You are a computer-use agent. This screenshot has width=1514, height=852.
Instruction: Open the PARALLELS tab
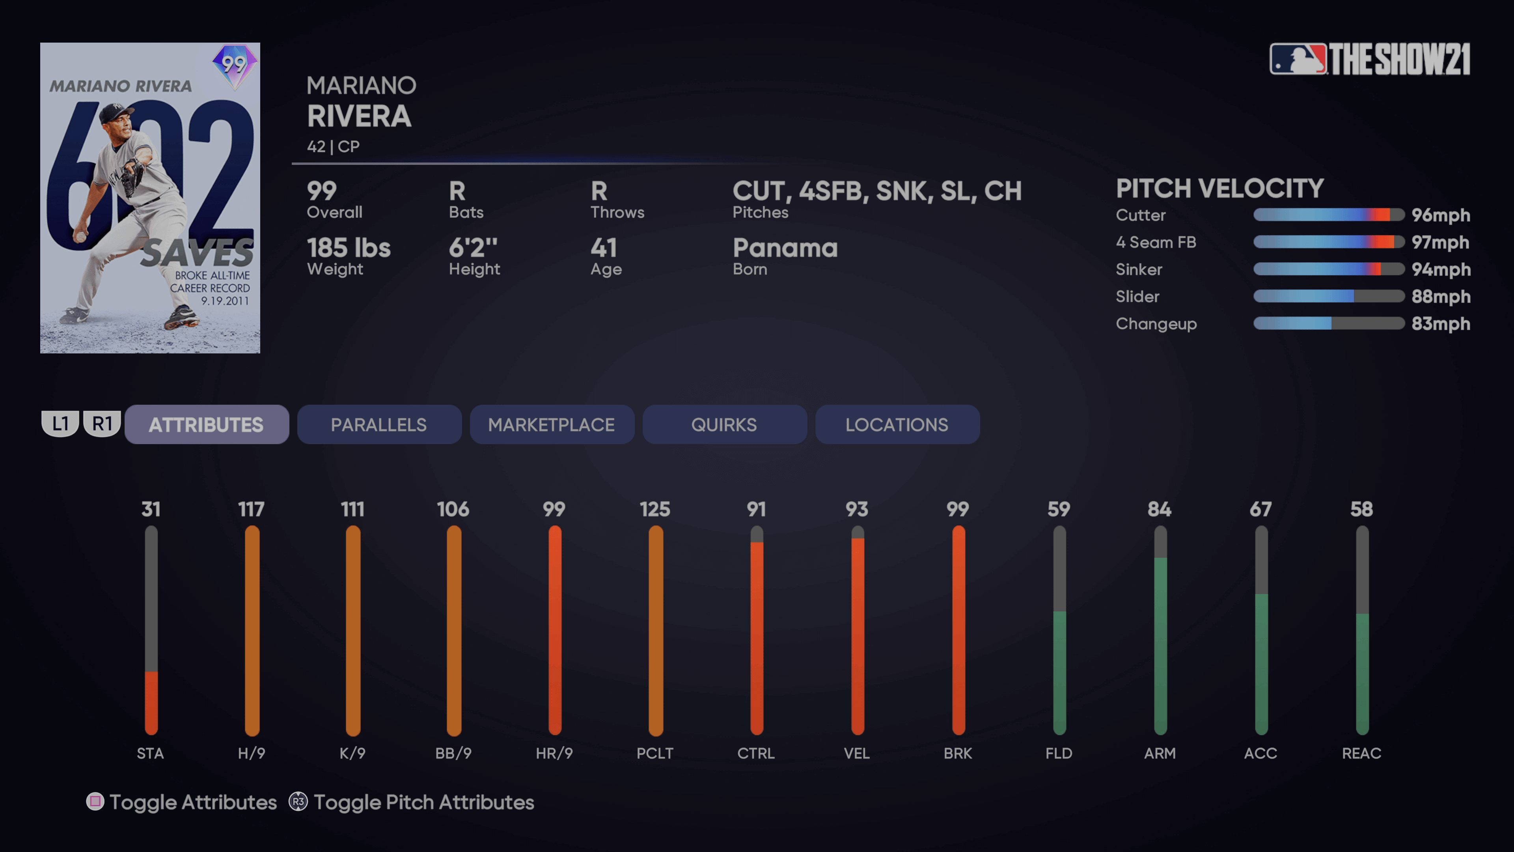[379, 424]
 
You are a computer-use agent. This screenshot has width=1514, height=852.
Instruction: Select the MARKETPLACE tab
[551, 424]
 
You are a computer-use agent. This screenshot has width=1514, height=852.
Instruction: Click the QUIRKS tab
[724, 424]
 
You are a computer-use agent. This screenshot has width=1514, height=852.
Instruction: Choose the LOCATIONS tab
[897, 424]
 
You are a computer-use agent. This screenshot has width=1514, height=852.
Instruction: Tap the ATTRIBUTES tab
[206, 424]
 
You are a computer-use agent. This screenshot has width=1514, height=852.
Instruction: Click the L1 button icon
[60, 423]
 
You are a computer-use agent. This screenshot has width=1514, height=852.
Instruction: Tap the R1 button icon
[102, 423]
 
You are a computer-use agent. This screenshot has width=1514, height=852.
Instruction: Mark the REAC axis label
[1361, 753]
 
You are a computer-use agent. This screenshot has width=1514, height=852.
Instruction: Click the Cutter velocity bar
[1328, 215]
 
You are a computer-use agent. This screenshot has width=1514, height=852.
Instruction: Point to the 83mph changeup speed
[1441, 324]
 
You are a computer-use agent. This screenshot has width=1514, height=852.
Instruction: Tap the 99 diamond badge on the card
[235, 65]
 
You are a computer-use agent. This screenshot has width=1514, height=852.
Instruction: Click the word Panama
[785, 248]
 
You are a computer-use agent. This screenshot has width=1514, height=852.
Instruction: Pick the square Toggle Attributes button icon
[95, 802]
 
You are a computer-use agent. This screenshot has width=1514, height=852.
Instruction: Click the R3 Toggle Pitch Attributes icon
[298, 802]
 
